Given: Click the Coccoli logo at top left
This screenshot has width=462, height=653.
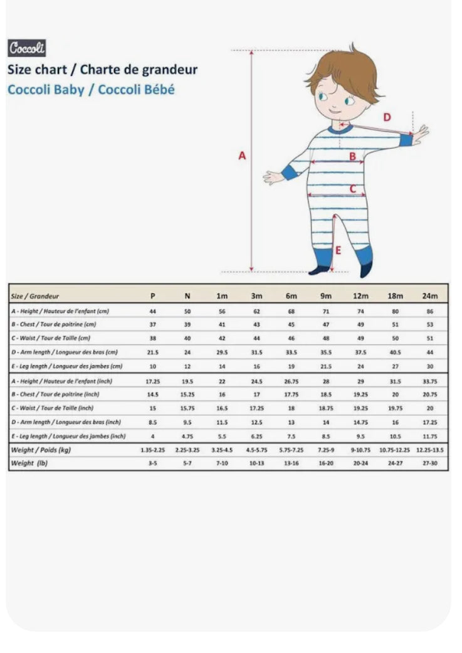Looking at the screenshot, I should click(x=26, y=48).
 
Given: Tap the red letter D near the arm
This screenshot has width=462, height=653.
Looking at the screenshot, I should click(x=387, y=117).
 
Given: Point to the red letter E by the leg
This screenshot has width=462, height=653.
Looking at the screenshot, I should click(x=338, y=250).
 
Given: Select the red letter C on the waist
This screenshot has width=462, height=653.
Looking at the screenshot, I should click(x=352, y=188).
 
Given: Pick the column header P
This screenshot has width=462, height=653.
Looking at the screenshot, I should click(x=153, y=295).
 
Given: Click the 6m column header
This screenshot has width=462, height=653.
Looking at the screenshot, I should click(x=291, y=295).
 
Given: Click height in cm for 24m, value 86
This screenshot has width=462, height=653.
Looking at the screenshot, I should click(x=430, y=311).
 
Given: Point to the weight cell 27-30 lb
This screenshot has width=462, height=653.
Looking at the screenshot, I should click(x=430, y=463).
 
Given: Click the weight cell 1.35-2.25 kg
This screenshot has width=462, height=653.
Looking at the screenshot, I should click(x=153, y=450).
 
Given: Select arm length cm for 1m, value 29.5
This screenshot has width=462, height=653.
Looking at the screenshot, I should click(x=221, y=353).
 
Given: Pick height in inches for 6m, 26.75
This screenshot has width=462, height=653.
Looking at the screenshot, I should click(x=291, y=381).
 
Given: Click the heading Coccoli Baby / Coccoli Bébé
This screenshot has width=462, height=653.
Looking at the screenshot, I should click(x=91, y=89).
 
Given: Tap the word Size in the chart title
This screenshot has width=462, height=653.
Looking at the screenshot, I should click(x=19, y=69).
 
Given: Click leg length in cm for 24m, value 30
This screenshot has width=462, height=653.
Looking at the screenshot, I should click(x=430, y=366).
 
